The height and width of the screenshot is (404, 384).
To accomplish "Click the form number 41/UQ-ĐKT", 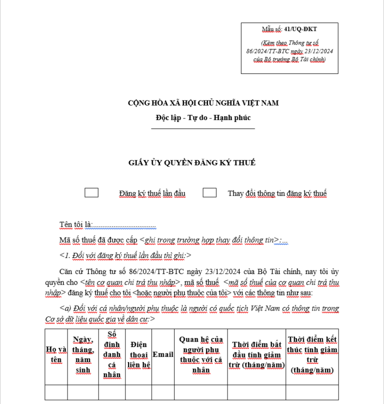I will (289, 29).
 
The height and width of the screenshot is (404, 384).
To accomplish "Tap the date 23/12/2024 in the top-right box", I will (316, 51).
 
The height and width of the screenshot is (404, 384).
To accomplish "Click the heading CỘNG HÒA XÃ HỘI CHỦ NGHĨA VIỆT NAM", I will (203, 103).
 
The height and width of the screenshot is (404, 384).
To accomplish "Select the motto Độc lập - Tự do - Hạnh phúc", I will (203, 118).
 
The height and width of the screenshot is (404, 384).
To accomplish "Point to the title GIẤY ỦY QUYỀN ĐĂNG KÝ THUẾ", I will (191, 162).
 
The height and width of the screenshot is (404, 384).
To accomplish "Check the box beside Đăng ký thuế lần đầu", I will (91, 193).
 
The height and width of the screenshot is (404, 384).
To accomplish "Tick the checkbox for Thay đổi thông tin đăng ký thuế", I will (209, 193).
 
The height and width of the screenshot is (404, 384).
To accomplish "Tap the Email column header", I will (162, 354).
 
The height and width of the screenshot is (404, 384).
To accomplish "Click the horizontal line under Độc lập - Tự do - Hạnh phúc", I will (203, 129).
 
